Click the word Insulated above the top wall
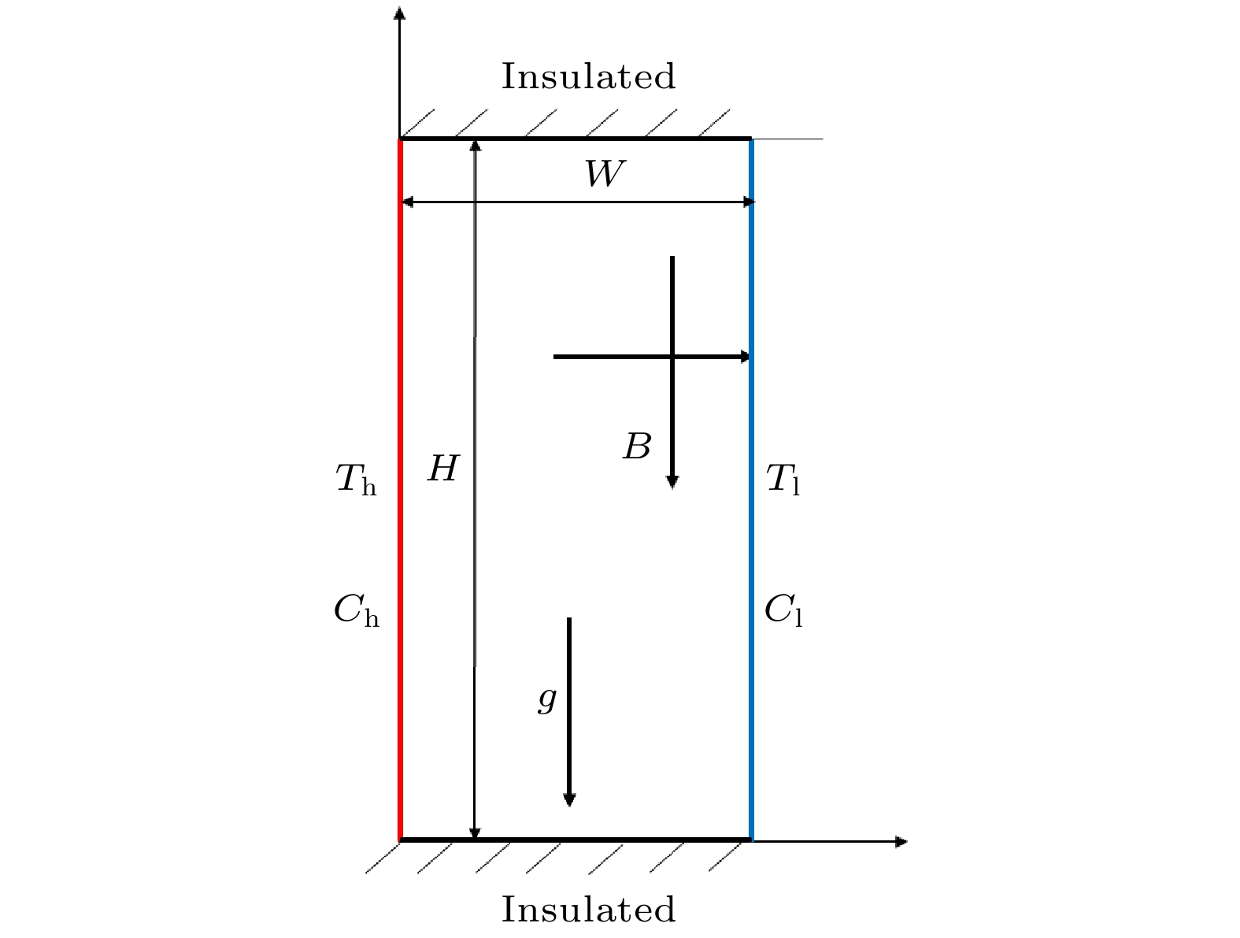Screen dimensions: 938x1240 (x=588, y=77)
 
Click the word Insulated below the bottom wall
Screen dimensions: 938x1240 (x=588, y=910)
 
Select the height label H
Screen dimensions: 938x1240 (x=443, y=470)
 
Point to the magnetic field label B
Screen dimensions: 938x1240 (x=637, y=447)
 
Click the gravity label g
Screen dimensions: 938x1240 (x=547, y=699)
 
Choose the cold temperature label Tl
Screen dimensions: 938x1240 (x=783, y=480)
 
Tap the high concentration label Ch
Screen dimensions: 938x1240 (x=356, y=610)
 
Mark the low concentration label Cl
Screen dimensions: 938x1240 (x=783, y=610)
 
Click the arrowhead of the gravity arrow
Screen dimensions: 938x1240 (x=569, y=799)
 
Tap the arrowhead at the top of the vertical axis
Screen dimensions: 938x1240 (x=400, y=13)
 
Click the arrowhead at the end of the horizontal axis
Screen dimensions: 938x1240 (x=901, y=842)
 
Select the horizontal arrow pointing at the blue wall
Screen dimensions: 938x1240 (x=630, y=357)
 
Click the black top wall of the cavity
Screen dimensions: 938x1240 (x=575, y=139)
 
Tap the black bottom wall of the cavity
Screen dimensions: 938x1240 (x=575, y=840)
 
